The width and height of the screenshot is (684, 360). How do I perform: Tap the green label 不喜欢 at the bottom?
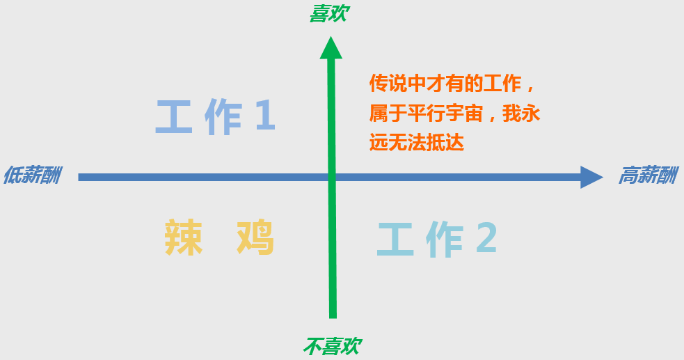tap(333, 346)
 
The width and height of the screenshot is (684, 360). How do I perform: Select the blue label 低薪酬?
tap(32, 175)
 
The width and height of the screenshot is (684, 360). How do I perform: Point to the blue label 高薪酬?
tap(647, 175)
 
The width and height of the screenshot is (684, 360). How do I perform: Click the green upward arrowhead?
tap(331, 48)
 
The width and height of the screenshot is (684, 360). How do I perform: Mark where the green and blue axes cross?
tap(332, 177)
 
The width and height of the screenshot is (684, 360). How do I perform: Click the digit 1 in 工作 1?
tap(264, 117)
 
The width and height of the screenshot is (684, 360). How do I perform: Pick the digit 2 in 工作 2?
tap(486, 239)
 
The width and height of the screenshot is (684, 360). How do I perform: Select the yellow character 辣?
tap(184, 237)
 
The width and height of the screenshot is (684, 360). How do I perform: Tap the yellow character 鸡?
tap(255, 237)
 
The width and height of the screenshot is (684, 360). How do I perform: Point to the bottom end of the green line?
tap(333, 316)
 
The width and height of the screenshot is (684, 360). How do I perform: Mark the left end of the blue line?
tap(80, 177)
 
